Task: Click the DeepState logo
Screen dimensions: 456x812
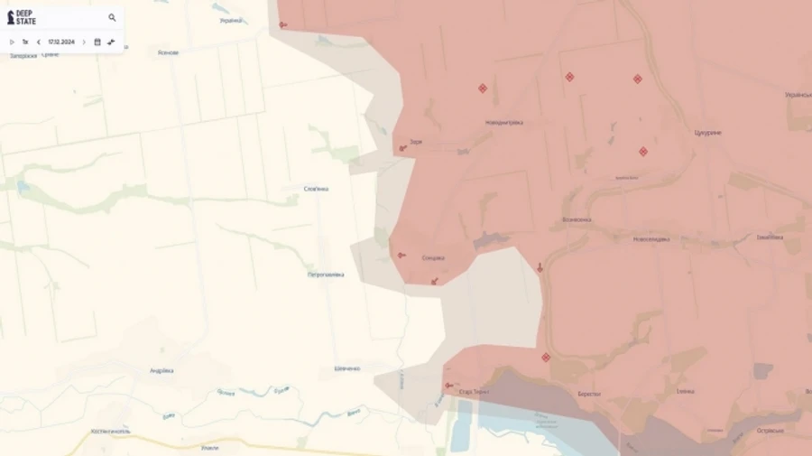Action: (23, 17)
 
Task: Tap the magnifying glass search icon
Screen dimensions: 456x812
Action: (112, 17)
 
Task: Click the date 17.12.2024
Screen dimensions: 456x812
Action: (61, 42)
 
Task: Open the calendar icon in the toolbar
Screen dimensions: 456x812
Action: (97, 42)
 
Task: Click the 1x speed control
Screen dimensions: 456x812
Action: (25, 42)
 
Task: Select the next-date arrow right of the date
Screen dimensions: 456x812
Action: (84, 42)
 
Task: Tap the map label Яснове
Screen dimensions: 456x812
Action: (168, 52)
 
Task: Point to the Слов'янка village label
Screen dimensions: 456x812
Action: (316, 189)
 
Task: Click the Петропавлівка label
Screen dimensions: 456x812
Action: (326, 274)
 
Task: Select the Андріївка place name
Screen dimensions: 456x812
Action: (161, 370)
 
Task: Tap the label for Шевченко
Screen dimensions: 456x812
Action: (347, 368)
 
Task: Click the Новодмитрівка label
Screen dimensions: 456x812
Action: (504, 122)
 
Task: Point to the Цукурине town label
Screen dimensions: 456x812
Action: (707, 132)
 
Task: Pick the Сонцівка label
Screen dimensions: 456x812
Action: (433, 257)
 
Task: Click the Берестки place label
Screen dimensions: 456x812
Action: (589, 394)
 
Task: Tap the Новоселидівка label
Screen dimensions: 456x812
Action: (651, 238)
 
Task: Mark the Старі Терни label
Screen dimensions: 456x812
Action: (474, 392)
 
